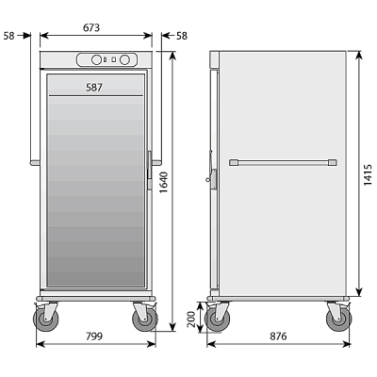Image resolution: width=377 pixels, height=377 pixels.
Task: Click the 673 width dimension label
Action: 91,27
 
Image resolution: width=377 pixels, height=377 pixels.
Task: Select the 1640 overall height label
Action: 163,190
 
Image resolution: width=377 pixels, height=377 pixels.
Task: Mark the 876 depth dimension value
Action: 275,336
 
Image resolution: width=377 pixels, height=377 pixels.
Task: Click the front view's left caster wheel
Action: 45,320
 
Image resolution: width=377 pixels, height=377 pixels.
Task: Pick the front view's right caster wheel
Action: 143,320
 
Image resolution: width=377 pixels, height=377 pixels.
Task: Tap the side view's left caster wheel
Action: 220,320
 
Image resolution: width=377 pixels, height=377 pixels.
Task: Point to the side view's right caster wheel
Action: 336,320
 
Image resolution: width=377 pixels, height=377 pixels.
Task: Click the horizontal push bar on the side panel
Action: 281,162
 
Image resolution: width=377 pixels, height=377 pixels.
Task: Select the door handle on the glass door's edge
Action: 148,162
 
